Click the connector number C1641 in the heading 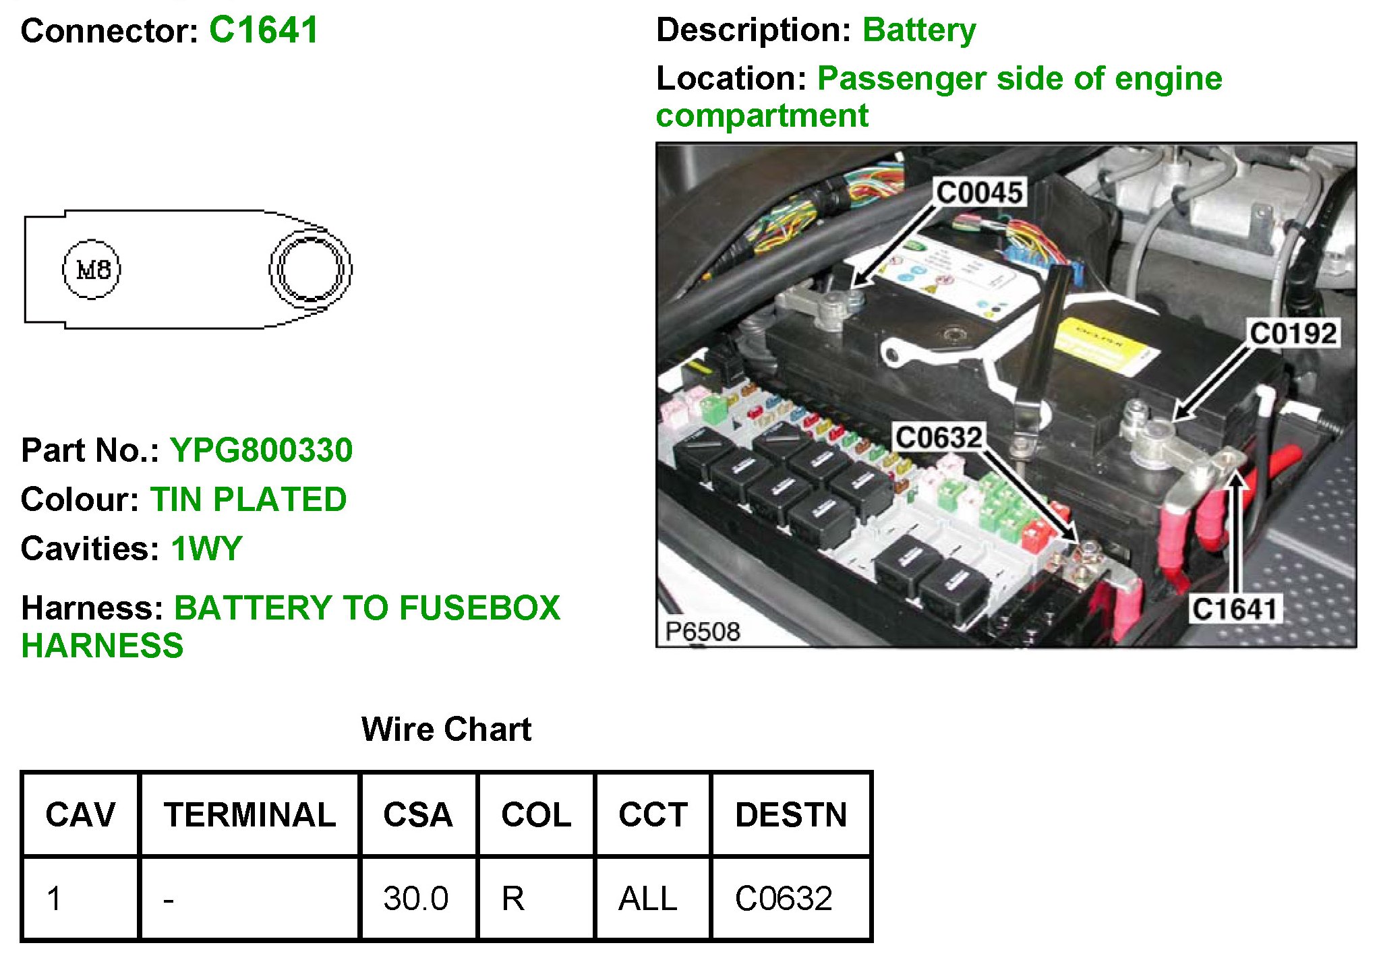(x=263, y=30)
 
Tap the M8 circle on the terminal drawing (x=92, y=270)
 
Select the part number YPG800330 (x=261, y=450)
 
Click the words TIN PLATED (x=248, y=500)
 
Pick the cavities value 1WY (x=206, y=549)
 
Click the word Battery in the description (x=918, y=30)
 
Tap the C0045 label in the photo (x=979, y=193)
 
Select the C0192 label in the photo (x=1293, y=334)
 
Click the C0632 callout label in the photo (x=938, y=438)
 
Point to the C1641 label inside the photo (x=1234, y=609)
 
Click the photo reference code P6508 (x=702, y=632)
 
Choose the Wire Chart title (x=446, y=729)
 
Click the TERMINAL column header (x=250, y=814)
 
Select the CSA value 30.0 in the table (x=415, y=899)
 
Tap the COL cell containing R (x=512, y=899)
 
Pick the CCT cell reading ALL (x=647, y=899)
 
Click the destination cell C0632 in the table (x=784, y=899)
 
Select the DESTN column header (x=790, y=814)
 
